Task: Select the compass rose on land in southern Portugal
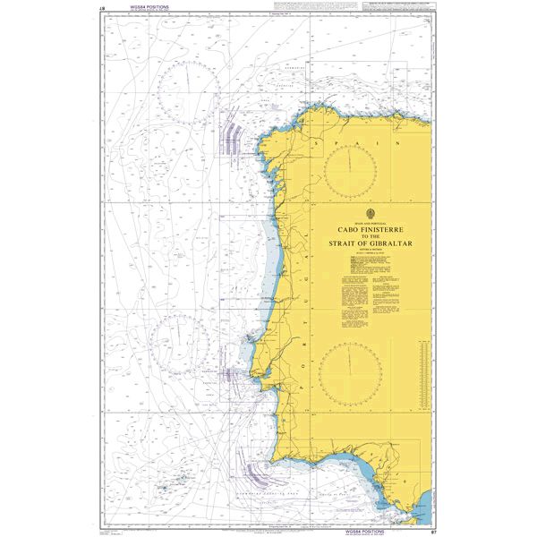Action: click(x=350, y=371)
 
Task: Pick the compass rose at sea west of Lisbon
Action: click(x=179, y=343)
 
